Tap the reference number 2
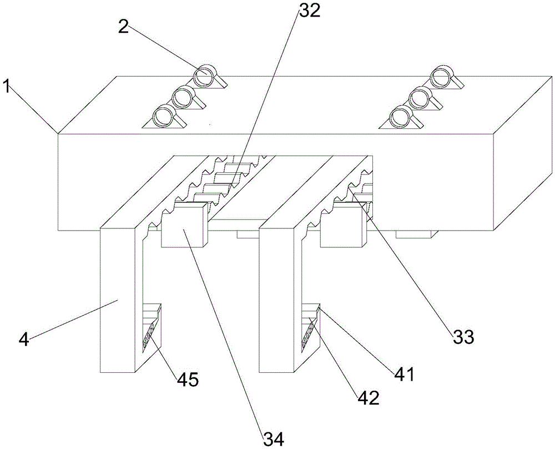click(x=124, y=27)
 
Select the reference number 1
click(x=6, y=87)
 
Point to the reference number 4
click(x=23, y=340)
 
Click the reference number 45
click(x=188, y=380)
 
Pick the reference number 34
click(x=273, y=440)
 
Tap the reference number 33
click(x=463, y=337)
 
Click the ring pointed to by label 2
click(x=205, y=76)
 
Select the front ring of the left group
click(x=164, y=116)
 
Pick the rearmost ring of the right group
click(x=442, y=76)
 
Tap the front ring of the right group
click(x=401, y=117)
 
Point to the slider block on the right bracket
click(x=342, y=225)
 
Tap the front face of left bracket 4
click(x=118, y=300)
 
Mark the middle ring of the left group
click(x=184, y=96)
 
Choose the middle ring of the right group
click(x=421, y=96)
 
